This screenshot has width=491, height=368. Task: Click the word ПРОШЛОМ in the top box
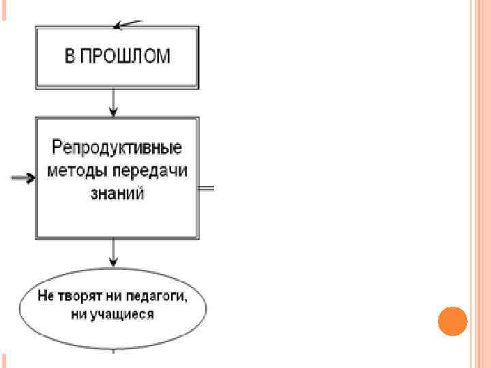[x=126, y=56]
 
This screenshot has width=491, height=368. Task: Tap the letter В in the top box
[x=70, y=56]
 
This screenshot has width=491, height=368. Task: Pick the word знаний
[x=117, y=193]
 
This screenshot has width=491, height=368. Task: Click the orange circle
[x=451, y=321]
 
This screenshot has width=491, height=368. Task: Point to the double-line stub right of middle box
[x=206, y=187]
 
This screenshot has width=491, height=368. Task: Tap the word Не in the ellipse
[x=47, y=298]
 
